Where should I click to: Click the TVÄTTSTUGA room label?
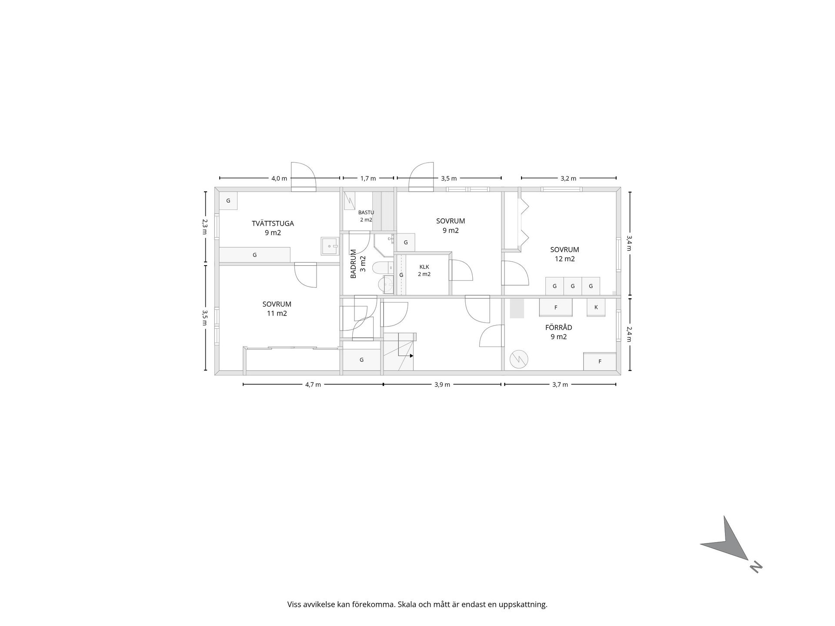click(273, 223)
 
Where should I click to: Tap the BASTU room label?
click(366, 213)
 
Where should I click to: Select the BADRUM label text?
click(353, 264)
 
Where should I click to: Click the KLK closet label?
click(424, 267)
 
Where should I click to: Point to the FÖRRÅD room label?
click(559, 327)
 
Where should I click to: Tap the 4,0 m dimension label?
click(279, 178)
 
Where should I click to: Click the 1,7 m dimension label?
click(368, 178)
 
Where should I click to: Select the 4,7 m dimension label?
click(313, 385)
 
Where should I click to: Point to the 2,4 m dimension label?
click(629, 334)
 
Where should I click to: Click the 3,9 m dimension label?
click(442, 385)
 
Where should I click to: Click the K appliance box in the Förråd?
click(596, 307)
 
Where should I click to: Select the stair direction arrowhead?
click(411, 356)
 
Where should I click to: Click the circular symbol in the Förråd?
click(519, 359)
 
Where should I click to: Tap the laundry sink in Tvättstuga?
click(330, 246)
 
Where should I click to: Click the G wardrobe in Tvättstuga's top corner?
click(228, 201)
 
